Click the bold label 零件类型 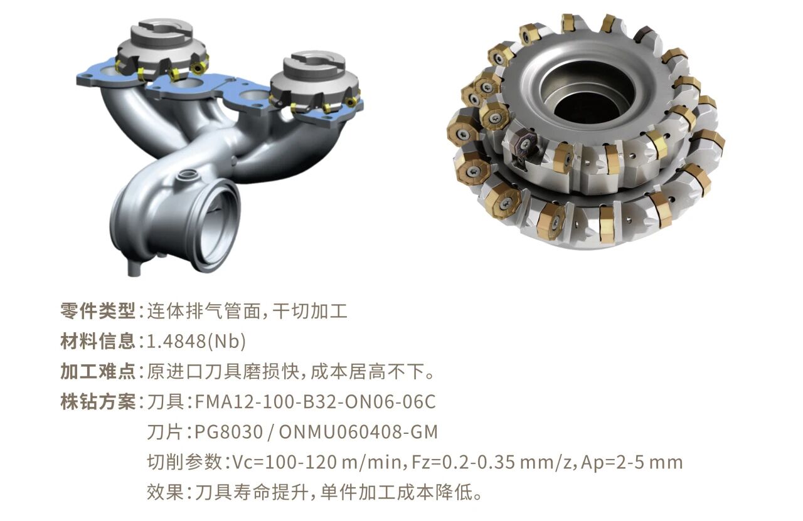click(x=97, y=311)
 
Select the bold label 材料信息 click(x=97, y=341)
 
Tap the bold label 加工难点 click(x=97, y=372)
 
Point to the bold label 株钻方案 click(x=97, y=402)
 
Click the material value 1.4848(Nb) click(x=196, y=342)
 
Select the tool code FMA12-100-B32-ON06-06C click(x=315, y=402)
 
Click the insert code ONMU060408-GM click(x=358, y=432)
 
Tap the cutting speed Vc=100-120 click(x=285, y=462)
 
